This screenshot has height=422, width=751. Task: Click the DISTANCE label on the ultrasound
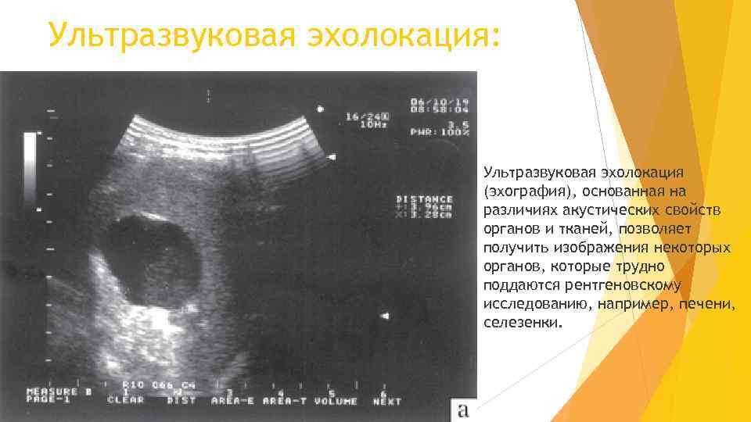tap(425, 198)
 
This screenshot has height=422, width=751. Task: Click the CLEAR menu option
tap(125, 401)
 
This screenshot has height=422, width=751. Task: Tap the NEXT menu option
tap(386, 401)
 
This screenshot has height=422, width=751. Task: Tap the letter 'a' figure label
tap(463, 409)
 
